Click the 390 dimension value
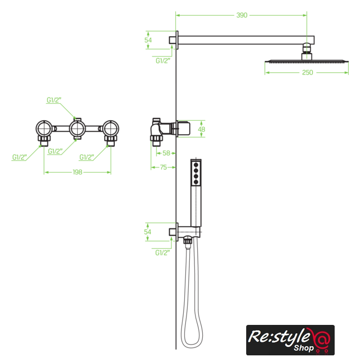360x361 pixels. (x=242, y=15)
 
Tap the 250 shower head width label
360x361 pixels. (x=308, y=73)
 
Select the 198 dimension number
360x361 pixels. (x=77, y=172)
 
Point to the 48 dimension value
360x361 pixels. (x=202, y=129)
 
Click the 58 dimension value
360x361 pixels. (x=166, y=153)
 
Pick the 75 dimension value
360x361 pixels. (x=163, y=168)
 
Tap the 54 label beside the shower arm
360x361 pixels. (x=148, y=40)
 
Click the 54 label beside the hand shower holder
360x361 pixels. (x=148, y=232)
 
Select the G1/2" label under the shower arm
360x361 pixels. (x=163, y=60)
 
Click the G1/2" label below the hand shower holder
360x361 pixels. (x=162, y=253)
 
